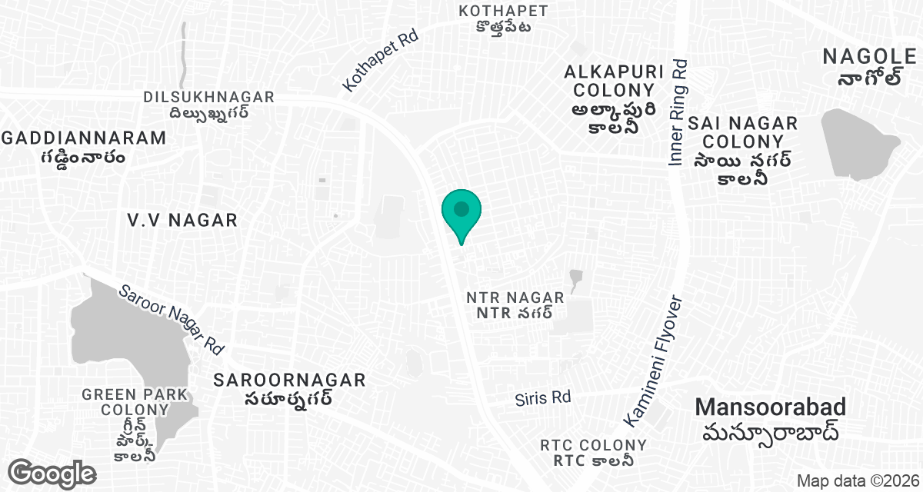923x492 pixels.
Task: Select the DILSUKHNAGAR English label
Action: point(208,97)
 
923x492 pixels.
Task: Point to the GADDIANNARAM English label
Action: point(84,138)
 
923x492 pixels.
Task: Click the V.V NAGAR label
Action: point(182,220)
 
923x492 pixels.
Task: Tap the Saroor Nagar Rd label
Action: point(172,320)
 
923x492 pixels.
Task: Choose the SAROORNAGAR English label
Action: point(289,380)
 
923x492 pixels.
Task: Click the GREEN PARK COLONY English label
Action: point(135,402)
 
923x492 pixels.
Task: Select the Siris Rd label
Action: point(543,397)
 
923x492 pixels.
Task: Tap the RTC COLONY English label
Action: point(593,445)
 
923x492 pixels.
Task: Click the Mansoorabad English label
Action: point(771,407)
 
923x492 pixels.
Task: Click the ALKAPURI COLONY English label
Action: point(614,81)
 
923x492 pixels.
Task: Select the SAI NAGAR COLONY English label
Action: point(743,132)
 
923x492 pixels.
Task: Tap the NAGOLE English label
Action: point(869,56)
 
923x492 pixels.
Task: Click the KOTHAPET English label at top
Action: point(503,11)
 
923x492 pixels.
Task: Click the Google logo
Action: point(52,473)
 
